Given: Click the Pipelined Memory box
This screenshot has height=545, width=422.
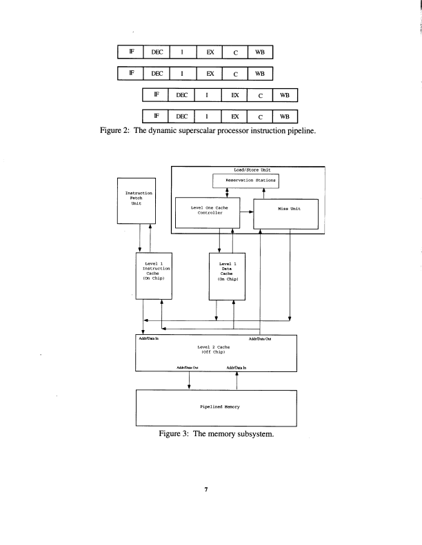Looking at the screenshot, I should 216,408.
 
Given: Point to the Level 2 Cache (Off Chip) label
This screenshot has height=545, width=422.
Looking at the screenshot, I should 216,349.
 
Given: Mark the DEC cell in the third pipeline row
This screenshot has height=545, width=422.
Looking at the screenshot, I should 182,95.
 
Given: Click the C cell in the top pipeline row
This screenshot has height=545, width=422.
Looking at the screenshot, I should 234,52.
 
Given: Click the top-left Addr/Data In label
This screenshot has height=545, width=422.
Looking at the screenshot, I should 146,338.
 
